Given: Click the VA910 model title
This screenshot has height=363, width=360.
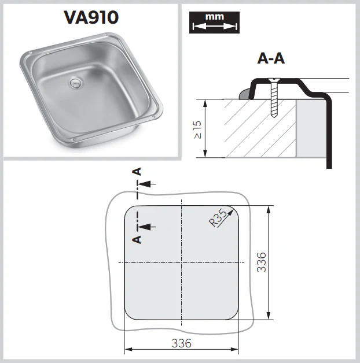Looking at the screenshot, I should coord(91,17).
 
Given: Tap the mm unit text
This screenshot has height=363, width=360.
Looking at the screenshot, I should coord(214,17).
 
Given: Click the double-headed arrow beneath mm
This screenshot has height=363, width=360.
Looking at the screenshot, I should coord(214,26).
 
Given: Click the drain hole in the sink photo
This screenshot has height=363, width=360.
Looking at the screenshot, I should coord(75,84).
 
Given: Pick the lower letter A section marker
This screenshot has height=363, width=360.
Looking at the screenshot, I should coord(137,238).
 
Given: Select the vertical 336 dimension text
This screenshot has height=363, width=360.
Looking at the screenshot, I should coord(261,262).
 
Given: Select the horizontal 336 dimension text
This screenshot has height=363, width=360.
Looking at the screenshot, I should coord(181,343).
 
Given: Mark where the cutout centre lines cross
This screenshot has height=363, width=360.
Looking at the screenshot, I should coord(181,262).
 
